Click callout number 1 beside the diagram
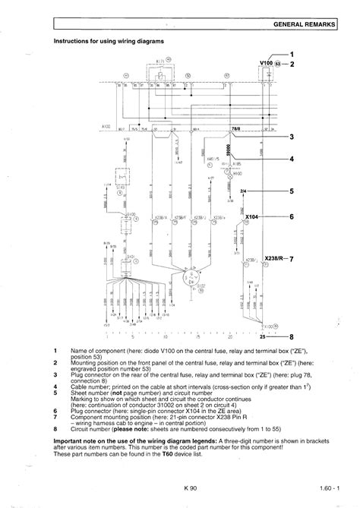[x=292, y=54]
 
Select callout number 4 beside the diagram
[x=292, y=159]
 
